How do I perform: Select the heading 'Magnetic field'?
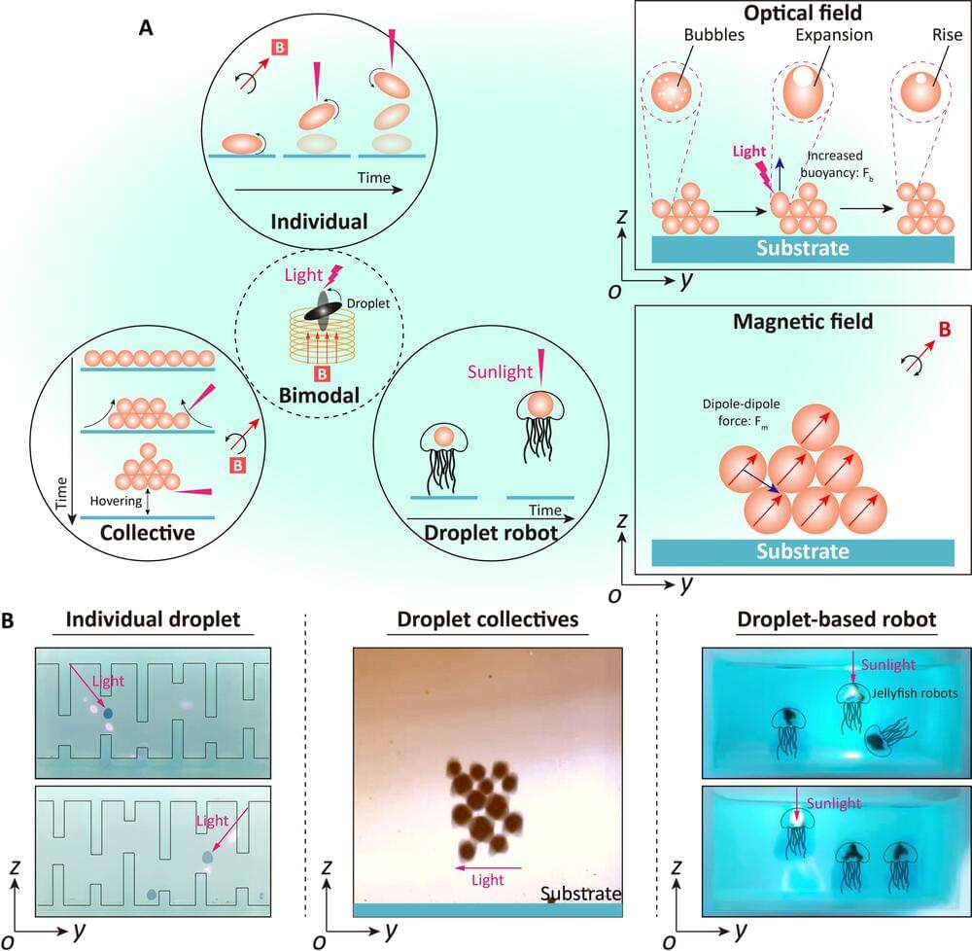click(x=804, y=320)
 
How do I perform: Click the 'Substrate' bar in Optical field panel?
click(x=802, y=247)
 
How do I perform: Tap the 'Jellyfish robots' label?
click(x=915, y=692)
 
